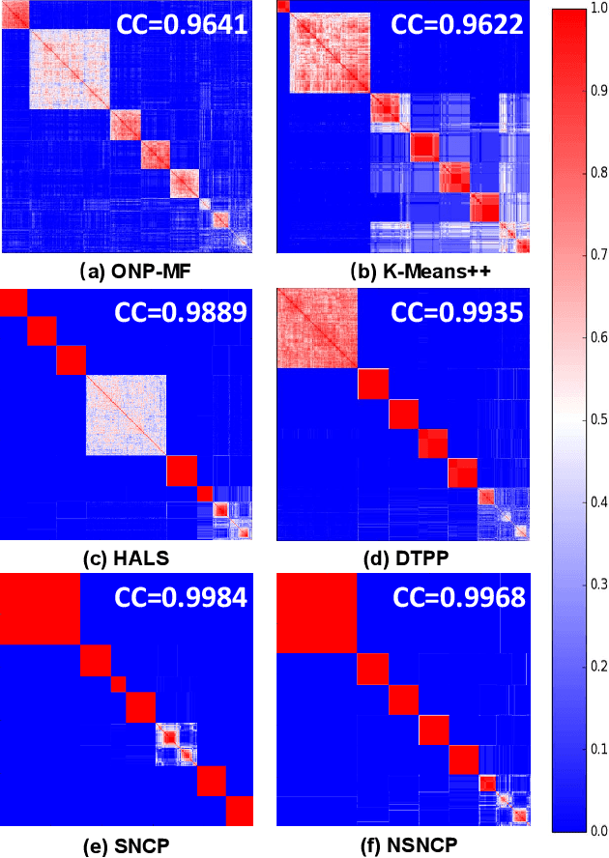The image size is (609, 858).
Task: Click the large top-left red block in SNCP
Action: tap(39, 609)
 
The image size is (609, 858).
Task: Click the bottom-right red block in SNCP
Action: tap(238, 810)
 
